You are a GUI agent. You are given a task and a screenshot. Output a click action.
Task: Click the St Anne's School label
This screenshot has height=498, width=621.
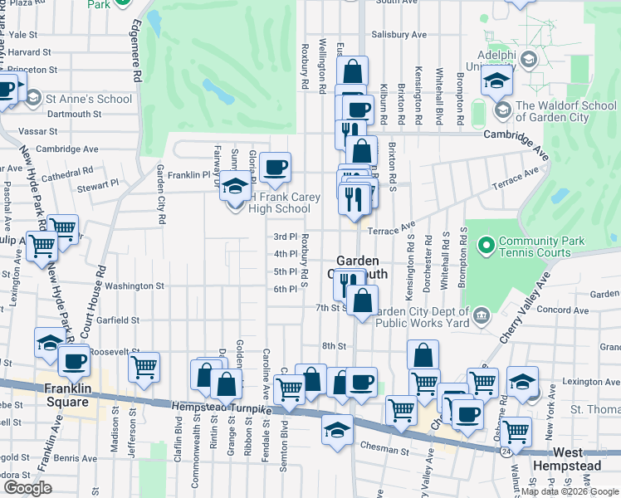(89, 99)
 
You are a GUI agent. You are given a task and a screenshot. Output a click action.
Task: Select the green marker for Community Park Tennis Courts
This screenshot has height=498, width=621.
(487, 243)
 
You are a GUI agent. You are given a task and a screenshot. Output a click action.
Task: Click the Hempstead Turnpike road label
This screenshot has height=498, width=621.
(223, 406)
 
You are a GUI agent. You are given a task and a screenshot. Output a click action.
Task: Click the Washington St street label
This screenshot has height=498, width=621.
(134, 286)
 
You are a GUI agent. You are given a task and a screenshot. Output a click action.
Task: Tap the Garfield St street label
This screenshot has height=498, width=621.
(116, 320)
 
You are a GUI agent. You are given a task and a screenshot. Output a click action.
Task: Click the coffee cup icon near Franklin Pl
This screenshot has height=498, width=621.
(275, 167)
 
